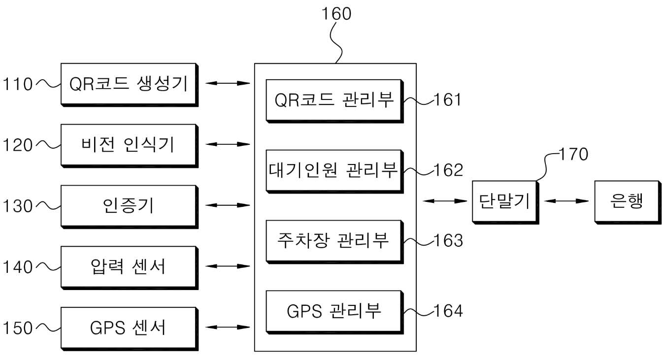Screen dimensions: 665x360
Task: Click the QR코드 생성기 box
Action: click(130, 85)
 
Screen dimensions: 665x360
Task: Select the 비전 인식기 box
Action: click(130, 146)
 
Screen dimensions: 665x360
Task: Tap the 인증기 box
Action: click(130, 206)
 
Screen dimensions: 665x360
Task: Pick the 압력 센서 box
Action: click(130, 267)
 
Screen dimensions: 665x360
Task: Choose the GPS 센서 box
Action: click(130, 328)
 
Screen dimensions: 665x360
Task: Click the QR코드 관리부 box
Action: click(334, 101)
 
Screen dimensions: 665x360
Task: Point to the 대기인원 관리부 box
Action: click(334, 171)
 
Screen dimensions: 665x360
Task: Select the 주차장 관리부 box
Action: click(334, 242)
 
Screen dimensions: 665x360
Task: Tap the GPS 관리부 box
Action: click(334, 312)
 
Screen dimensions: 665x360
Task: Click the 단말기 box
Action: click(505, 202)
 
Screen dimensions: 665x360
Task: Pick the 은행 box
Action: click(628, 202)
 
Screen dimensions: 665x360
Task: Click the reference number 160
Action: click(336, 14)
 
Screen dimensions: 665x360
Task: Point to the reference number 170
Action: click(573, 154)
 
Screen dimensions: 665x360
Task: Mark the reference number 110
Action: click(18, 84)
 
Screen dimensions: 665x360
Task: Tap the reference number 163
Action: click(448, 240)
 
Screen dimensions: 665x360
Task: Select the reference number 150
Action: click(18, 328)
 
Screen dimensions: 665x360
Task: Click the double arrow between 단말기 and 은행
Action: click(566, 201)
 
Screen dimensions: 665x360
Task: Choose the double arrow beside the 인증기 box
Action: click(228, 205)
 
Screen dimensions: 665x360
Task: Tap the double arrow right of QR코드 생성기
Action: click(228, 83)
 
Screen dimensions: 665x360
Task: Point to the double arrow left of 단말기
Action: click(445, 201)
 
